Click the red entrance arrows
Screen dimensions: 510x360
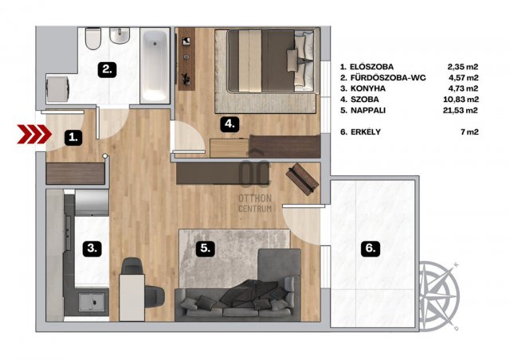tap(34, 134)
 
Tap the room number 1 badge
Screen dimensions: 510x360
tap(73, 137)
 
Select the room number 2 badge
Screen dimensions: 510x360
tap(108, 69)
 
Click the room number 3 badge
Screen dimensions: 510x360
tap(92, 248)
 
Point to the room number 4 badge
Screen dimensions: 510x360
tap(229, 124)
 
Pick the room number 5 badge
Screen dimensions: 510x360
tap(205, 248)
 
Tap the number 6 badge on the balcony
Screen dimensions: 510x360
tap(371, 248)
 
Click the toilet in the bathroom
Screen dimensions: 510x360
tap(93, 39)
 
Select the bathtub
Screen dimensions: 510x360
tap(155, 65)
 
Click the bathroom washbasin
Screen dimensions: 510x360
tap(120, 36)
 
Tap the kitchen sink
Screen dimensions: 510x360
tap(92, 302)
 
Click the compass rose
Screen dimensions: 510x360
tap(440, 295)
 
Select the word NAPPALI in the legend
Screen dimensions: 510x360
tap(368, 110)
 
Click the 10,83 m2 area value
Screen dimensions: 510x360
tap(459, 100)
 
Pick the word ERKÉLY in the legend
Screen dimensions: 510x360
tap(366, 131)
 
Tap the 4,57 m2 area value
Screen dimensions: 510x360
tap(463, 77)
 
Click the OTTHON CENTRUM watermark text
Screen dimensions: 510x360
tap(255, 203)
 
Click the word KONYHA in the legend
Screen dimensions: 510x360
tap(368, 88)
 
